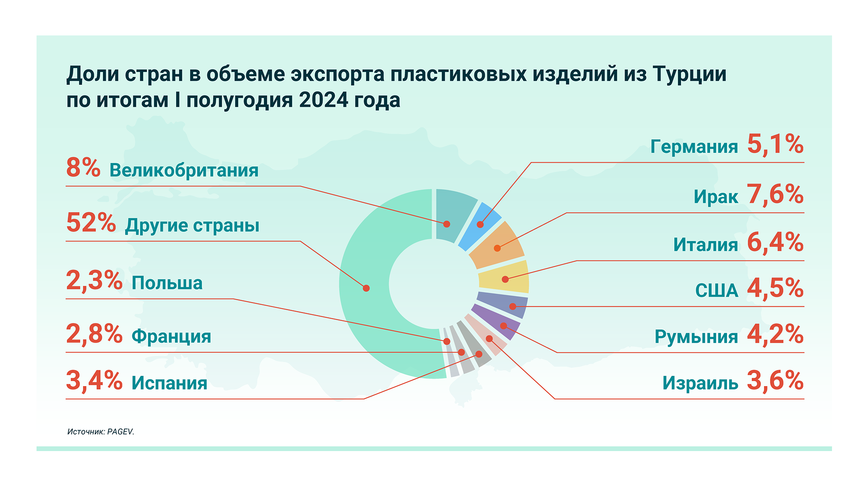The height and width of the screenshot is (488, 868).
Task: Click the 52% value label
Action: [x=91, y=223]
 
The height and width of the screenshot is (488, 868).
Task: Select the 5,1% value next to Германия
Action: [x=775, y=144]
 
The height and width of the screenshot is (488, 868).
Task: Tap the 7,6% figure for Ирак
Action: [x=775, y=194]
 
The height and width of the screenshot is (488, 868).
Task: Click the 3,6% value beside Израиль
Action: [x=775, y=380]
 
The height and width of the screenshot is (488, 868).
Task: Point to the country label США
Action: [x=717, y=291]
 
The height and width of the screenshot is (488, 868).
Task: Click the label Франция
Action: [x=171, y=336]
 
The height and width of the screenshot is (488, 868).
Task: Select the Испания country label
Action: [x=170, y=383]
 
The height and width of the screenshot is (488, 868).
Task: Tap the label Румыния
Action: [x=696, y=337]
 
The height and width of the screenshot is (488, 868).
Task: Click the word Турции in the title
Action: [x=690, y=75]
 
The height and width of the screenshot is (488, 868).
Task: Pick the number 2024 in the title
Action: [x=324, y=100]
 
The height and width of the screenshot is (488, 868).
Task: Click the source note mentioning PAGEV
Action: [x=101, y=432]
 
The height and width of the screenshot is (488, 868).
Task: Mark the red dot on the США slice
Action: [x=513, y=306]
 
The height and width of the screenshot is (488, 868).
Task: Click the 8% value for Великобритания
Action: [x=83, y=168]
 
